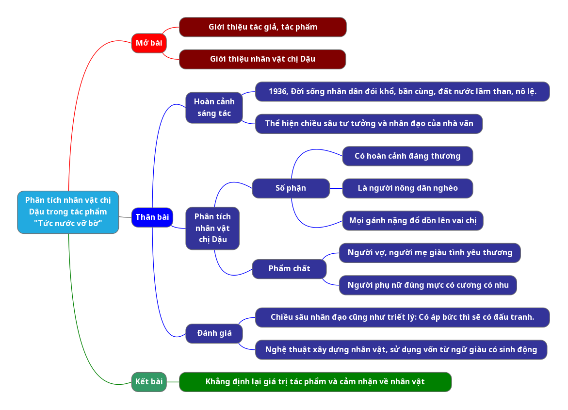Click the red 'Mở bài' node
point(149,43)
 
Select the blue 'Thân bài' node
point(152,217)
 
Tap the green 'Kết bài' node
point(149,382)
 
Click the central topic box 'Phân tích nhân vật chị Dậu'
point(68,212)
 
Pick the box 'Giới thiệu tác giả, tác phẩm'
point(262,27)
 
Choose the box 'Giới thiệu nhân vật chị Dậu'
point(262,59)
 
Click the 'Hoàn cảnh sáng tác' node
point(214,108)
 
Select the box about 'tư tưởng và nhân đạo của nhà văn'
point(369,124)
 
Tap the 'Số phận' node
point(291,188)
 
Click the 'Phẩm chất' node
point(289,269)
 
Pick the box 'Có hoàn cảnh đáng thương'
point(407,156)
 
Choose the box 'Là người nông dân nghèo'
point(407,188)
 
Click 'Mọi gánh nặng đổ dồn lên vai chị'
point(413,221)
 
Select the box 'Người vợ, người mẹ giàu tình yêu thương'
point(430,253)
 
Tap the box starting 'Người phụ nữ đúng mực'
point(428,285)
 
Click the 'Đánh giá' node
point(214,333)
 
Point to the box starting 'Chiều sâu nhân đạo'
point(402,317)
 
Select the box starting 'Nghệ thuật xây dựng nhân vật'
point(401,350)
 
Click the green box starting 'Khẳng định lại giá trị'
point(315,382)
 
